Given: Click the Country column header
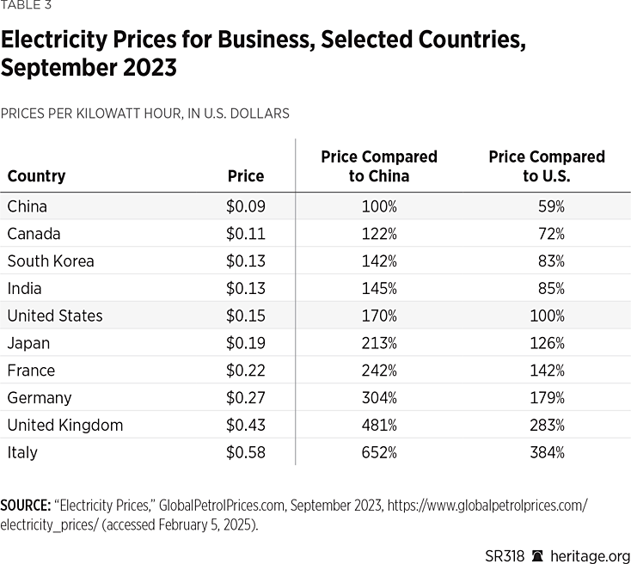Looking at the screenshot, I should [x=36, y=176].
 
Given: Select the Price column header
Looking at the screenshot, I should [x=245, y=176].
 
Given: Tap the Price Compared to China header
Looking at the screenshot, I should [x=378, y=166].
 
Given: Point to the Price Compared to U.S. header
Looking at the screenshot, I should [x=547, y=166].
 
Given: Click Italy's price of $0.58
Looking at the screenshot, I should [x=245, y=452].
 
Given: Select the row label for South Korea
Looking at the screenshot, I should [x=51, y=261].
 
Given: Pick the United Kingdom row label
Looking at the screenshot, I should [x=65, y=425].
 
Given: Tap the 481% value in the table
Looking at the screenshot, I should [x=379, y=425].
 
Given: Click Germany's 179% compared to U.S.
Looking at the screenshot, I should [x=547, y=397].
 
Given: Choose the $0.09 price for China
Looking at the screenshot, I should [x=245, y=206].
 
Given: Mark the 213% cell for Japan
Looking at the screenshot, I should [x=379, y=343].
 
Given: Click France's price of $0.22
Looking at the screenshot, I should [x=245, y=371].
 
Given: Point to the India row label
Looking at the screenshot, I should [x=24, y=288].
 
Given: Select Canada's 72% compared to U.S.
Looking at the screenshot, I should [x=551, y=234].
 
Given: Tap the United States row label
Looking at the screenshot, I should [x=55, y=316].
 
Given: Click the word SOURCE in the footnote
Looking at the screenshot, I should [x=23, y=506].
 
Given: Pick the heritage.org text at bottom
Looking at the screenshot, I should [x=593, y=555].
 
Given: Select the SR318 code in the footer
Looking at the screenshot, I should [x=505, y=555].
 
